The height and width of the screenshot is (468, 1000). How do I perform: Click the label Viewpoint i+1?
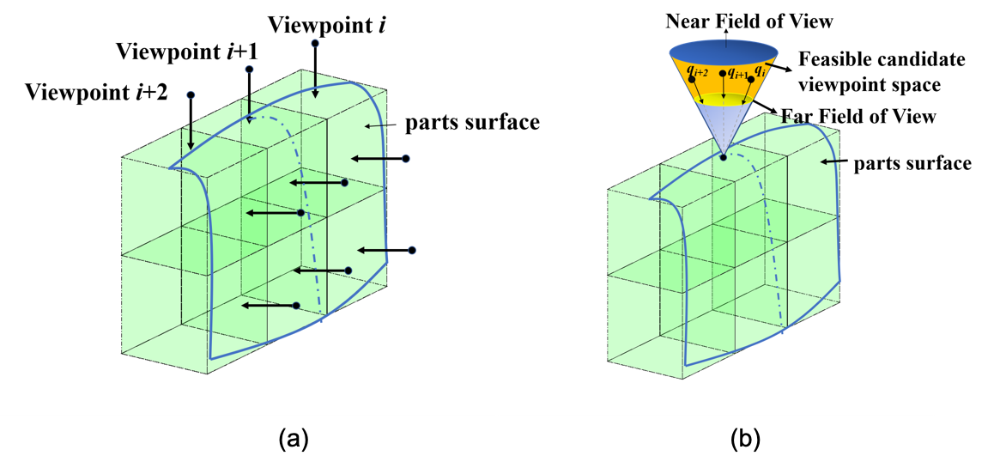pos(187,52)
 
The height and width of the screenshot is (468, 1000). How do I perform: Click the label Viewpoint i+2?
pos(96,92)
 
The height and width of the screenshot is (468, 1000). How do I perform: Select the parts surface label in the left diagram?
pos(472,123)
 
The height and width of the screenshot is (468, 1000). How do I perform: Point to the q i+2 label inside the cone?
pos(697,72)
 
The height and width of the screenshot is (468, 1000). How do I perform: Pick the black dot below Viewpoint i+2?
pos(191,95)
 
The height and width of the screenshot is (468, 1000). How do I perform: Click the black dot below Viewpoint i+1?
pos(249,69)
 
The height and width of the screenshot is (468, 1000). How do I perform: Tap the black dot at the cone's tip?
pos(724,157)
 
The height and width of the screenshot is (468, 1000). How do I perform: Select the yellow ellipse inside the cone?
pos(724,100)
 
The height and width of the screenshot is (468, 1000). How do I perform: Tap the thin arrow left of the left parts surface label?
pos(378,125)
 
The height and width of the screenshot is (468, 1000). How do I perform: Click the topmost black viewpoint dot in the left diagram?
pos(315,43)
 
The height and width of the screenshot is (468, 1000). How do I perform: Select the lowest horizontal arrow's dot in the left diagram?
pos(296,306)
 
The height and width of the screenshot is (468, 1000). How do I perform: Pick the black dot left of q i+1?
pos(723,74)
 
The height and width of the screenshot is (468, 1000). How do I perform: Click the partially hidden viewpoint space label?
pos(867,87)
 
